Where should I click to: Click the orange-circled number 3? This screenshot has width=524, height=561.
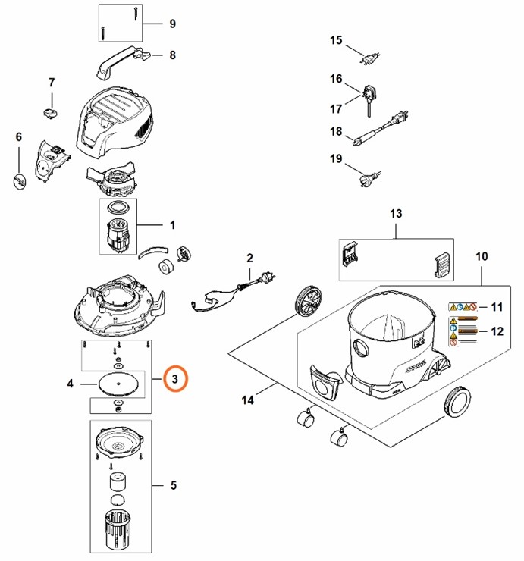(x=175, y=377)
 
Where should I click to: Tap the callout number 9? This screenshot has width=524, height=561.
(x=172, y=24)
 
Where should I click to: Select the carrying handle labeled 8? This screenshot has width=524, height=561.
(x=121, y=60)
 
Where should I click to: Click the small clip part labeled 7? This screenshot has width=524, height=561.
(x=52, y=111)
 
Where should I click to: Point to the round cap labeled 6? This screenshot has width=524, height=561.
(x=20, y=182)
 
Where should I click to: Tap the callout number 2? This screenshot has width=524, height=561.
(x=249, y=259)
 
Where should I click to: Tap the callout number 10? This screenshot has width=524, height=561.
(x=482, y=257)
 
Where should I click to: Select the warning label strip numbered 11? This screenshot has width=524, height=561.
(x=462, y=307)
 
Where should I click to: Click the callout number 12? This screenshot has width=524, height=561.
(x=497, y=331)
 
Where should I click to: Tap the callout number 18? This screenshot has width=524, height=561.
(x=336, y=132)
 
